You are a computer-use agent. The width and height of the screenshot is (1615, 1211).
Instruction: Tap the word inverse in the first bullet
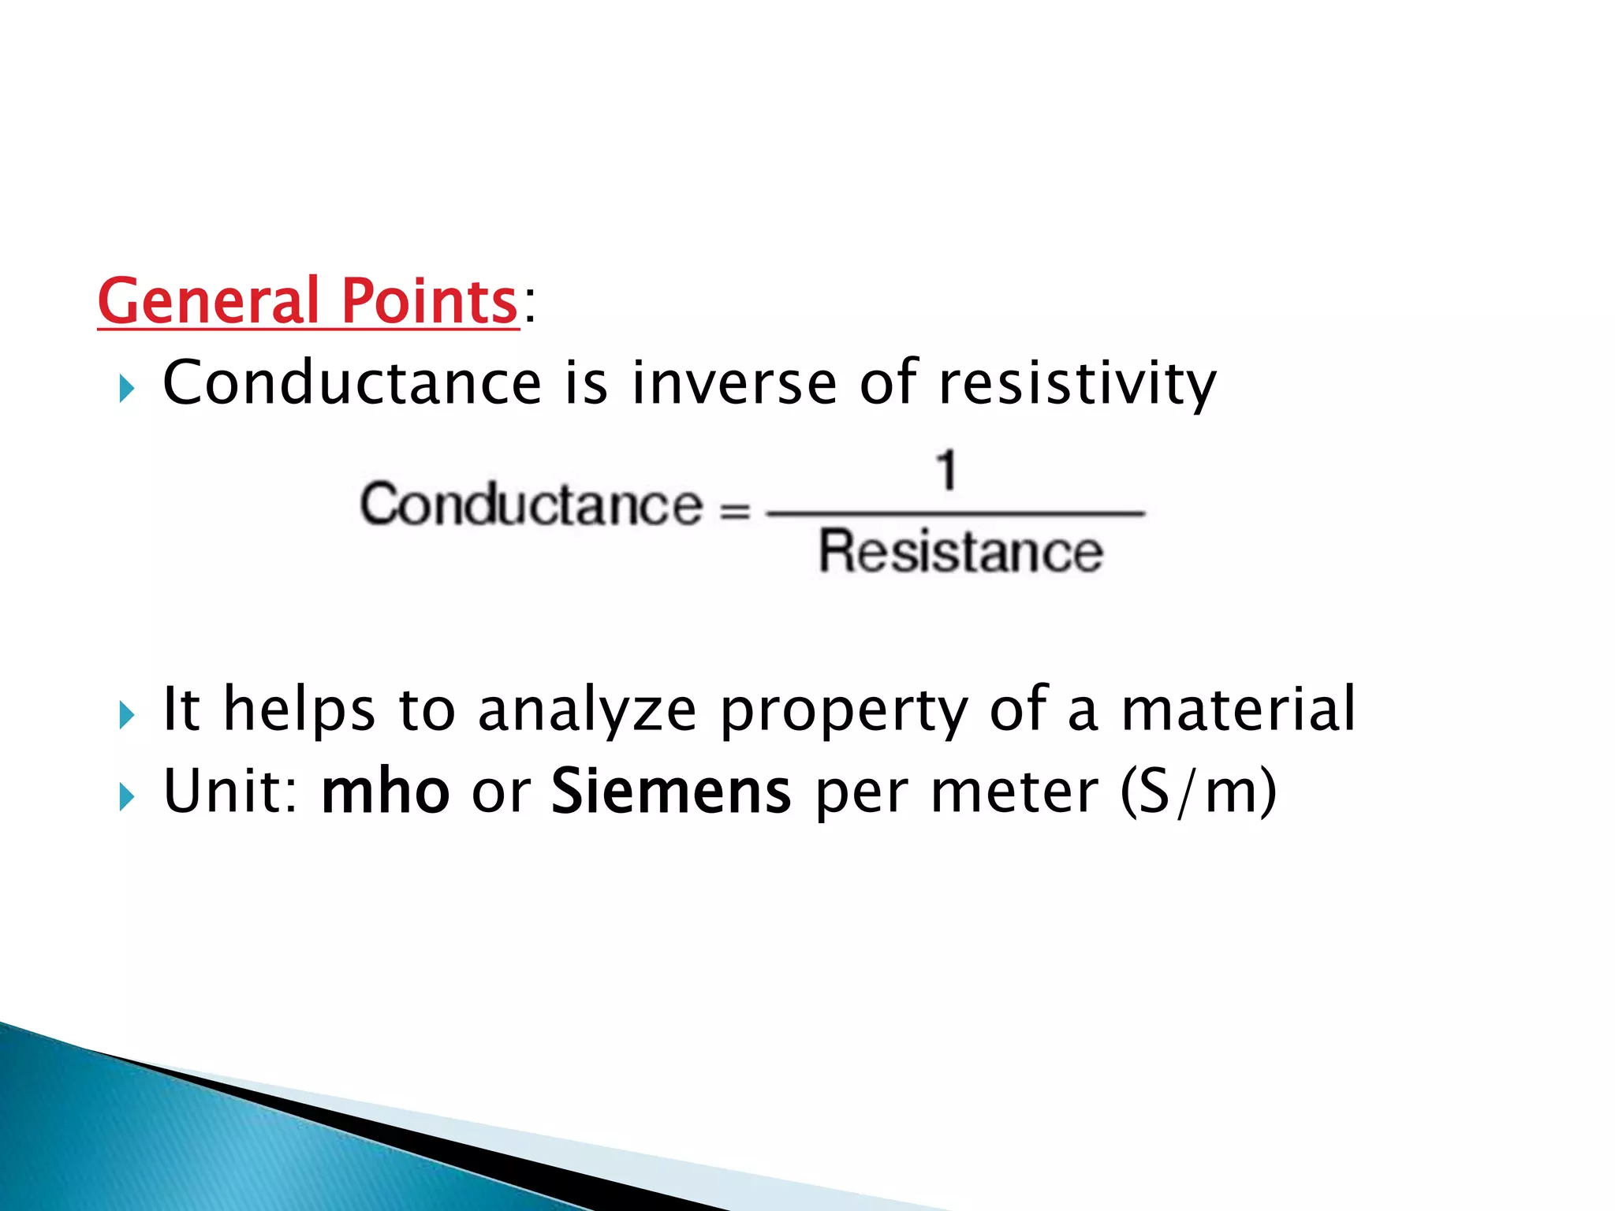(733, 383)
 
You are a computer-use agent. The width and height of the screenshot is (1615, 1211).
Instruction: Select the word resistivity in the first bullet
(1077, 383)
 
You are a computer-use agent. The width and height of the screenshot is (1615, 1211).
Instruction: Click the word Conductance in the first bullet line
(352, 383)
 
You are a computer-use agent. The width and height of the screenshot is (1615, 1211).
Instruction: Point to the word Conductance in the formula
(531, 505)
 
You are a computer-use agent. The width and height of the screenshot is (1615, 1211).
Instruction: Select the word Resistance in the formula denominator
(960, 552)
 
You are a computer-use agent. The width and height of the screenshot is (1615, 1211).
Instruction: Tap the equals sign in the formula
(735, 512)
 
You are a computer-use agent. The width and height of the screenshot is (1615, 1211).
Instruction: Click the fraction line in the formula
(954, 513)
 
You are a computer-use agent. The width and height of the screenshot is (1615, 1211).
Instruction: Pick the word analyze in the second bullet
(587, 710)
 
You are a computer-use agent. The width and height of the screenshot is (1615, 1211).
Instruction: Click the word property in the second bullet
(844, 710)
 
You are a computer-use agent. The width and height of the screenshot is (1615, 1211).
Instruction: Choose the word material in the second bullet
(1238, 710)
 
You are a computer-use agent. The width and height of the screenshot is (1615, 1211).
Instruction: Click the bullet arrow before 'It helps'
(126, 715)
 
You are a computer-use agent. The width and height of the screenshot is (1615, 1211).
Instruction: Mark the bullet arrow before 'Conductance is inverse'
(126, 389)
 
